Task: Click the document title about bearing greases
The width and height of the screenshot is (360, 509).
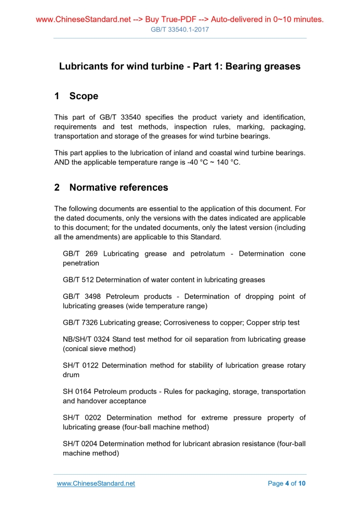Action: [180, 66]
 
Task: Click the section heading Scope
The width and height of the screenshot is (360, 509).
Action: [83, 96]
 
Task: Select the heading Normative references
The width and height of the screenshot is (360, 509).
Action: [118, 187]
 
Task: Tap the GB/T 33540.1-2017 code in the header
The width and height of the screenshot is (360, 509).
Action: [180, 30]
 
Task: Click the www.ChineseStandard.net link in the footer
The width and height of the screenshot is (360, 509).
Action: [96, 484]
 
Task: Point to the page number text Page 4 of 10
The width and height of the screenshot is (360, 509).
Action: [287, 484]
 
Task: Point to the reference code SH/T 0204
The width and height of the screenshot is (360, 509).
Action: [80, 444]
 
